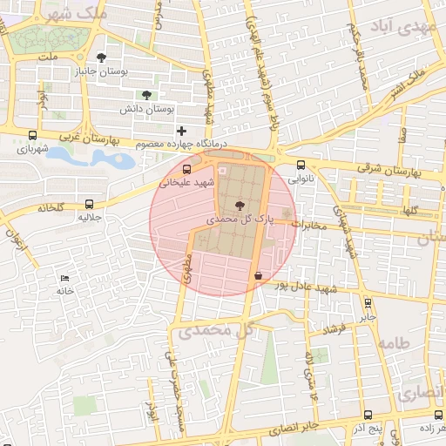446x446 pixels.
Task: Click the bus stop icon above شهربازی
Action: point(33,136)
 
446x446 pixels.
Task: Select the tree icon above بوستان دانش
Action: point(145,95)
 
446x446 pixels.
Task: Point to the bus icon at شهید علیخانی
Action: point(186,169)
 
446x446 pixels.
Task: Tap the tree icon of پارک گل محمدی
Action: point(238,207)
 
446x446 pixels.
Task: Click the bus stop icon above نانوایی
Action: point(301,165)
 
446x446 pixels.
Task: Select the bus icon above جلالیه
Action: point(87,201)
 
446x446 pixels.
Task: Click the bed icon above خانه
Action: point(64,278)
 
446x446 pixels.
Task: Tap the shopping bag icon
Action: point(257,275)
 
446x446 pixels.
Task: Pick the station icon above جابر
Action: point(368,304)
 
